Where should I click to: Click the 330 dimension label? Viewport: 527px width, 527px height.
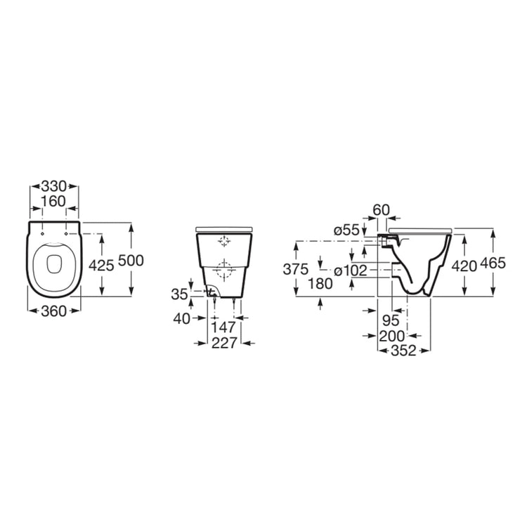[54, 186]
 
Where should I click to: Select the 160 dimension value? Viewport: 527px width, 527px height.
[54, 202]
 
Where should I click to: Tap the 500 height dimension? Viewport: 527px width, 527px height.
[131, 261]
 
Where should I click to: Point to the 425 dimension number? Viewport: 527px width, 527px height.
[101, 266]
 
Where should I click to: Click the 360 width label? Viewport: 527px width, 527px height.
[54, 311]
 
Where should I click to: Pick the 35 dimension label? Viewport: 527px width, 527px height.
[179, 294]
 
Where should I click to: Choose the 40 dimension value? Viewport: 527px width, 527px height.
[181, 318]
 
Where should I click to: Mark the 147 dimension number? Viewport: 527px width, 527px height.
[223, 327]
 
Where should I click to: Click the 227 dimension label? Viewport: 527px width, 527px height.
[224, 343]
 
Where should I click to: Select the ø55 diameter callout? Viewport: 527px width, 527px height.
[346, 230]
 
